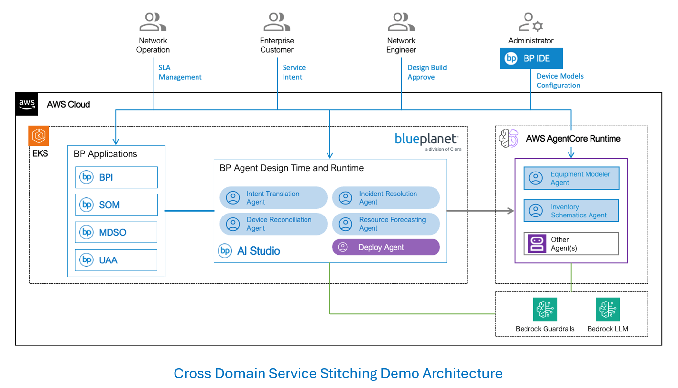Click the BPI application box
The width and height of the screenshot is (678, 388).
pos(116,177)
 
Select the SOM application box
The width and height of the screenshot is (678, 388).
pos(116,205)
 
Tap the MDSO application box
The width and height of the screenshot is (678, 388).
pos(116,232)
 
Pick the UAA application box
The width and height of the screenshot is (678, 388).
pos(116,260)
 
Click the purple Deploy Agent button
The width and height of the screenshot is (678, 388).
pos(386,247)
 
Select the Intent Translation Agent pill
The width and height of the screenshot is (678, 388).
pos(273,197)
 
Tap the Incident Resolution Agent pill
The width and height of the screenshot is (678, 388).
pos(386,197)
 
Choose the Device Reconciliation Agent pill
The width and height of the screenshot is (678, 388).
pos(273,224)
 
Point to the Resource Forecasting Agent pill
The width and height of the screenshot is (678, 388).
pos(386,224)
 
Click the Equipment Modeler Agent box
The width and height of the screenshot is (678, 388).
pos(571,178)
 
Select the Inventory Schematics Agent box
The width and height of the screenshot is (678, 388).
pos(571,211)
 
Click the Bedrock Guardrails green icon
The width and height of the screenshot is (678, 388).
pos(545,309)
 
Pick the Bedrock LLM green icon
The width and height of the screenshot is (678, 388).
pos(608,309)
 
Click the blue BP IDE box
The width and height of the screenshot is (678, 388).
pos(531,58)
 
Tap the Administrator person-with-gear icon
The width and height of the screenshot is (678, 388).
pos(530,22)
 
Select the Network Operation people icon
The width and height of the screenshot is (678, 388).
pos(153,22)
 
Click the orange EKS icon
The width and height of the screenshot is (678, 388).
pos(39,136)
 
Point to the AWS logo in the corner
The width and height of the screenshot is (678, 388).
pos(27,104)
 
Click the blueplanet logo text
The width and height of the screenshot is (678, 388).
pos(426,139)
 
